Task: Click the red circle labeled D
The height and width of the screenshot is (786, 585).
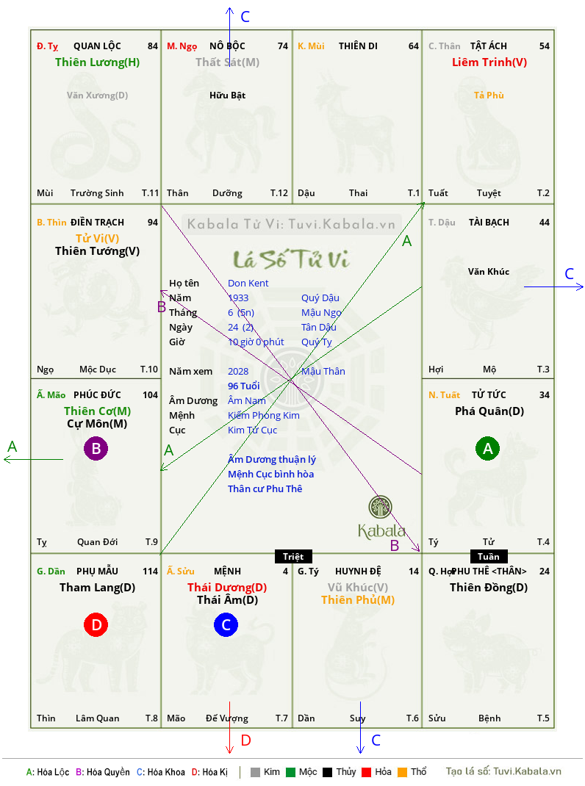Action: pyautogui.click(x=96, y=624)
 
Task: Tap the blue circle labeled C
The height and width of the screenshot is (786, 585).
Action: pyautogui.click(x=226, y=624)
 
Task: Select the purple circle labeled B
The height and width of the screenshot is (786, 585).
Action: pyautogui.click(x=96, y=448)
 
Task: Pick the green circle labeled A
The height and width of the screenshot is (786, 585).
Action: pyautogui.click(x=488, y=448)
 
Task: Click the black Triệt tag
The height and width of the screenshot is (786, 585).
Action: pyautogui.click(x=293, y=556)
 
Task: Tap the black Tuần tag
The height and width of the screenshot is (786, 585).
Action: pyautogui.click(x=489, y=556)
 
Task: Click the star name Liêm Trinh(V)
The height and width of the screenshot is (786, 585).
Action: pyautogui.click(x=489, y=62)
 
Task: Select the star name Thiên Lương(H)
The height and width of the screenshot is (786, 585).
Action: pyautogui.click(x=97, y=62)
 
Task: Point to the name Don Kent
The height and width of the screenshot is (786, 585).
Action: pyautogui.click(x=248, y=284)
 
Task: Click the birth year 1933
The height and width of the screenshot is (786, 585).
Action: pyautogui.click(x=238, y=298)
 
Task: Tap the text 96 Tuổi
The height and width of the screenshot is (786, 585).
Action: pyautogui.click(x=244, y=386)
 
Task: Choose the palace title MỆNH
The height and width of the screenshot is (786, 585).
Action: pyautogui.click(x=227, y=572)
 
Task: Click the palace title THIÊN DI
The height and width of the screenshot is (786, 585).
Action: pyautogui.click(x=358, y=46)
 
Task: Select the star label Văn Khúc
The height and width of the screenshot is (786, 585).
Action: pyautogui.click(x=489, y=272)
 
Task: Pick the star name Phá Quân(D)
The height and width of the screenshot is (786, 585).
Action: pyautogui.click(x=489, y=411)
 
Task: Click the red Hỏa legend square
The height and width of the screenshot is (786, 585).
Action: pyautogui.click(x=366, y=772)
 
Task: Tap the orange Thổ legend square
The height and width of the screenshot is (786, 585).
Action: pyautogui.click(x=403, y=772)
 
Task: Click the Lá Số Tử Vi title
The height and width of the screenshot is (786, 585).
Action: pyautogui.click(x=292, y=259)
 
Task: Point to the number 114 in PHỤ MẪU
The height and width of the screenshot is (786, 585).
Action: pyautogui.click(x=150, y=572)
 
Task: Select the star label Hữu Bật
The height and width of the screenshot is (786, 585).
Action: pyautogui.click(x=227, y=95)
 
